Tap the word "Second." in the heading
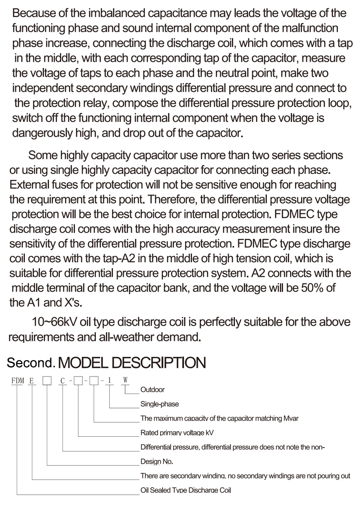click(31, 362)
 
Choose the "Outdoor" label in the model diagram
click(153, 390)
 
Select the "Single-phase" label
click(160, 404)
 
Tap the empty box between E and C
click(46, 381)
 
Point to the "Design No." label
click(157, 462)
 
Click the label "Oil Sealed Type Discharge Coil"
click(185, 490)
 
